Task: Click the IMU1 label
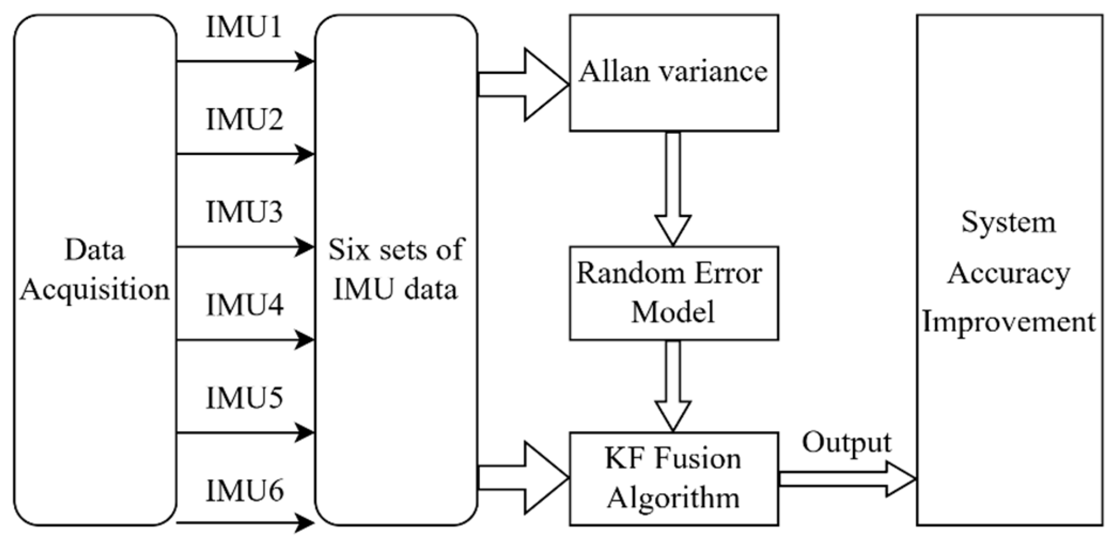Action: click(244, 27)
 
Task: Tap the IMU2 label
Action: click(244, 119)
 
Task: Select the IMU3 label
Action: click(244, 212)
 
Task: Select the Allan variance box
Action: click(674, 73)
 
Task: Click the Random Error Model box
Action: click(674, 293)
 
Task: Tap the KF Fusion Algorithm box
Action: click(674, 479)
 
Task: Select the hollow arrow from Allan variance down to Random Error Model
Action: click(673, 189)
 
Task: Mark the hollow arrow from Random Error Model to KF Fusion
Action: click(673, 386)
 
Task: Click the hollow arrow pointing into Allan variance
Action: click(524, 84)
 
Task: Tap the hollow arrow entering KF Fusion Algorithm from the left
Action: click(524, 477)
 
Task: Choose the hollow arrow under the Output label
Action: click(848, 479)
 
